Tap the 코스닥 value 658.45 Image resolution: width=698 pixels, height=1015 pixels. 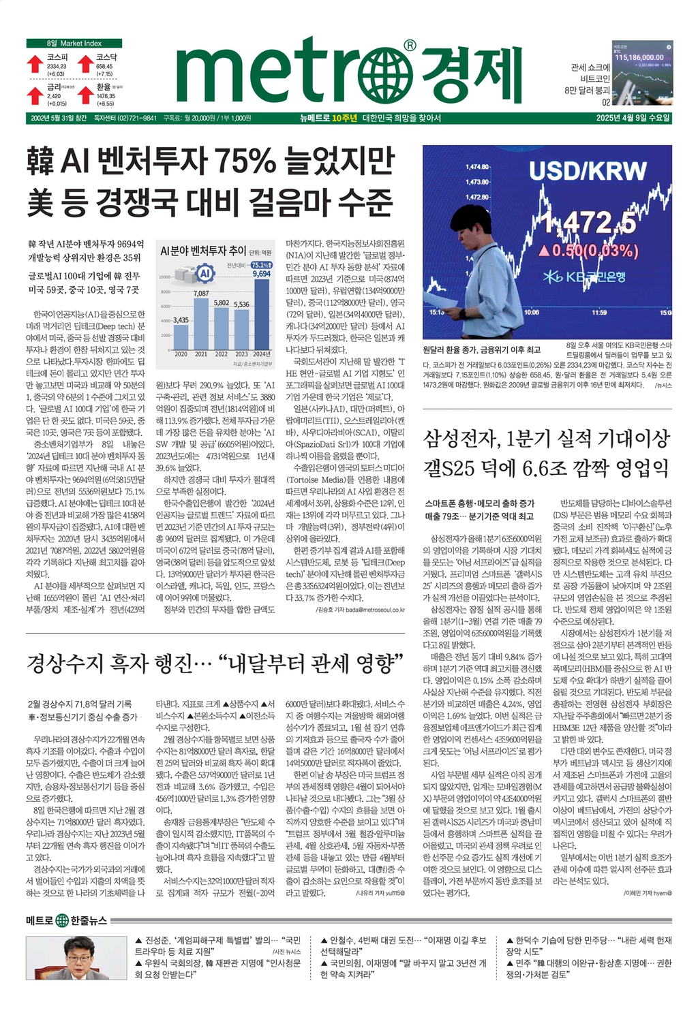coord(104,66)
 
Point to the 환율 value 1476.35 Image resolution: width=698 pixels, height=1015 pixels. coord(106,96)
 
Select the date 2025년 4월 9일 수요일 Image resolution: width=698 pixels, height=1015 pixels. coord(633,118)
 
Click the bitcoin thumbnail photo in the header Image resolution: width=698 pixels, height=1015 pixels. coord(641,73)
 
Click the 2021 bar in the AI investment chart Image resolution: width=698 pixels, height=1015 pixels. coord(201,323)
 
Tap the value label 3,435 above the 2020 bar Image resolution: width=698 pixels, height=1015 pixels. coord(181,319)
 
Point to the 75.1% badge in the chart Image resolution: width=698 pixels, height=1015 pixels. coord(260,265)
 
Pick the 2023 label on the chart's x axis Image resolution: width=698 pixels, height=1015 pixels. coord(241,354)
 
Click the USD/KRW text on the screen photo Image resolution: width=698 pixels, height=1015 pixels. coord(588,170)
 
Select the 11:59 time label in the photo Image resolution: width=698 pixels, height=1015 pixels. coord(599,313)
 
